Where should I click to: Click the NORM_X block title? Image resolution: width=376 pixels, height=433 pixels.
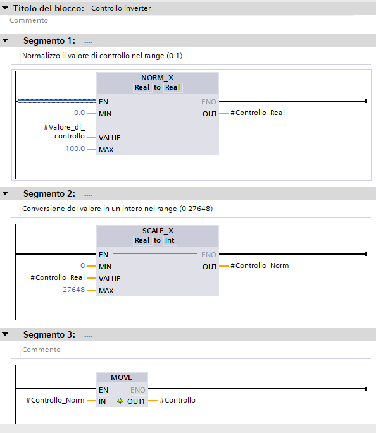click(x=158, y=78)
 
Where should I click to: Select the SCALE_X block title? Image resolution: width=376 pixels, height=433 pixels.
click(x=158, y=231)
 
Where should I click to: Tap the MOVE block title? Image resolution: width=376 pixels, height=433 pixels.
click(x=122, y=377)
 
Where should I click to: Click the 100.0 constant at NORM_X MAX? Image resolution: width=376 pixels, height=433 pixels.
click(x=75, y=149)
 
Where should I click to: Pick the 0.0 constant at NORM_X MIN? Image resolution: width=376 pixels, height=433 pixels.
click(x=79, y=113)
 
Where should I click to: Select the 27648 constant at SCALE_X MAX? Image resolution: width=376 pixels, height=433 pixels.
click(x=74, y=290)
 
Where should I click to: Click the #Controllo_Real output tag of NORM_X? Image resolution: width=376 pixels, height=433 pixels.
click(x=258, y=113)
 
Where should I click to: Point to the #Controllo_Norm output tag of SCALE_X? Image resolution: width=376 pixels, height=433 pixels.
click(x=260, y=265)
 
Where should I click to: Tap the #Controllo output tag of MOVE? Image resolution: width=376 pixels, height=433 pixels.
click(x=177, y=400)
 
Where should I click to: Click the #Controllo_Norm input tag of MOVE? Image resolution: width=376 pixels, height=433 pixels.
click(x=55, y=400)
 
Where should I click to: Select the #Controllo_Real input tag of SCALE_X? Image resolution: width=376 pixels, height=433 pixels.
click(x=58, y=277)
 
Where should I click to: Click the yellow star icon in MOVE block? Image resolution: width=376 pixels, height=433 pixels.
click(x=120, y=401)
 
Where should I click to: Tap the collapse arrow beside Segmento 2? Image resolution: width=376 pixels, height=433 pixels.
click(x=5, y=193)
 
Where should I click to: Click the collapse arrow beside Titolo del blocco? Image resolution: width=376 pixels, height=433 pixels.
click(x=5, y=8)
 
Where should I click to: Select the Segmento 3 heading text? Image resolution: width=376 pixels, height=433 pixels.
click(x=49, y=334)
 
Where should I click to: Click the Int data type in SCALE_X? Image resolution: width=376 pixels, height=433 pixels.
click(x=170, y=241)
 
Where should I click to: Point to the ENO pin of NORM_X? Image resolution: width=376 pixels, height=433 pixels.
click(x=208, y=102)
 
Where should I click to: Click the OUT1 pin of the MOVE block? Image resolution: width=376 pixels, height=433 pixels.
click(x=135, y=401)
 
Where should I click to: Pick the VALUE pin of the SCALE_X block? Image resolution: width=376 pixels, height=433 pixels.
click(x=110, y=279)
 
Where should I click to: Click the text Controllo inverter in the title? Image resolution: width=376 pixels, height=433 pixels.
click(x=121, y=8)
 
